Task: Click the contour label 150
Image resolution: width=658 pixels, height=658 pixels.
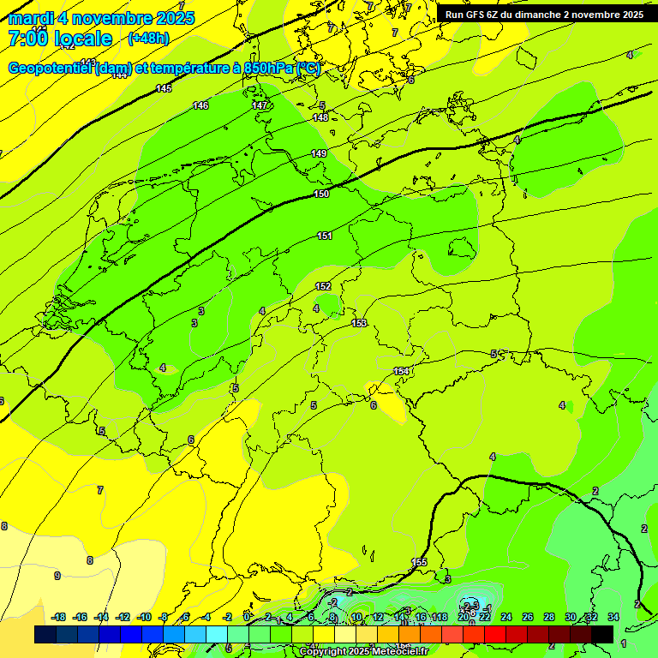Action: click(x=321, y=194)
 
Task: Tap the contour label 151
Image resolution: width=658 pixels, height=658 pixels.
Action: click(x=325, y=236)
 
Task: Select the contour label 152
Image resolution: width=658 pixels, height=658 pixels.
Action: click(x=323, y=287)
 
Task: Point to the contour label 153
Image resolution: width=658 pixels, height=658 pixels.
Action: click(x=359, y=323)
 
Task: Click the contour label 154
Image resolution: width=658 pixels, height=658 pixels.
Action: click(x=401, y=371)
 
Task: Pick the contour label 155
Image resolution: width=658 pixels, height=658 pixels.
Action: click(x=419, y=562)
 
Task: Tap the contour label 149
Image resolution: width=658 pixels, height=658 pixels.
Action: click(x=319, y=153)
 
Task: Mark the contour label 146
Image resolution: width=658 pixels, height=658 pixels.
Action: click(x=200, y=105)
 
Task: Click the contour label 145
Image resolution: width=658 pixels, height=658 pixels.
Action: click(x=164, y=88)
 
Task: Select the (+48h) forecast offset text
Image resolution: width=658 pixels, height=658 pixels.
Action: click(x=148, y=39)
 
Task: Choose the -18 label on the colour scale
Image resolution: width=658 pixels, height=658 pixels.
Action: click(x=59, y=617)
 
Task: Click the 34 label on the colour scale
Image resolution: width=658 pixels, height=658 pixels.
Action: click(x=613, y=617)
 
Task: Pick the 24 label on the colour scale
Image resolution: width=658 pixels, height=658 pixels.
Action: click(x=506, y=617)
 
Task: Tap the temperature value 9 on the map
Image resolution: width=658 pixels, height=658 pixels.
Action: click(x=57, y=576)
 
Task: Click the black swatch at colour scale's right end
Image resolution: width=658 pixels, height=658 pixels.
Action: click(x=602, y=634)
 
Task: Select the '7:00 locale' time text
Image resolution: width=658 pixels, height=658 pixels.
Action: click(x=60, y=39)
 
